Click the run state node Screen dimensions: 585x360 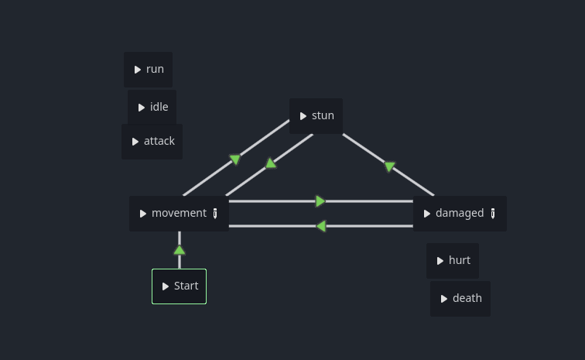click(148, 70)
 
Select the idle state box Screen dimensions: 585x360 click(152, 107)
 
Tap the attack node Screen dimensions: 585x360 click(152, 142)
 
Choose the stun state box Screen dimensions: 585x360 click(316, 116)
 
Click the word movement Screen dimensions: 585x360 click(179, 213)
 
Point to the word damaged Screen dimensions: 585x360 click(460, 213)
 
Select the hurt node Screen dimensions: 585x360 click(453, 261)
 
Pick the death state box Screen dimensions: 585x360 click(460, 299)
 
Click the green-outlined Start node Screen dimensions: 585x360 click(179, 286)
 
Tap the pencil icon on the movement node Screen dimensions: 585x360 click(215, 214)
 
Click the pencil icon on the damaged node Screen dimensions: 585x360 click(493, 214)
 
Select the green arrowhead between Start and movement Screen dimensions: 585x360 click(180, 250)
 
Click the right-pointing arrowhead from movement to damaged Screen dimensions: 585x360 click(320, 201)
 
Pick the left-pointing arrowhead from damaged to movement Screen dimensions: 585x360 click(321, 226)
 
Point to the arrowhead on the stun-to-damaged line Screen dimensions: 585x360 click(389, 166)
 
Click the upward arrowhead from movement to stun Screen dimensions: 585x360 click(271, 163)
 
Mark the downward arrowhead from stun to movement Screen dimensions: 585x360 click(235, 159)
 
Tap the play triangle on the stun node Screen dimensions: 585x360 click(303, 116)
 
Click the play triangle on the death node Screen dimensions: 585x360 click(444, 299)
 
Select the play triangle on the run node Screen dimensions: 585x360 click(138, 70)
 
